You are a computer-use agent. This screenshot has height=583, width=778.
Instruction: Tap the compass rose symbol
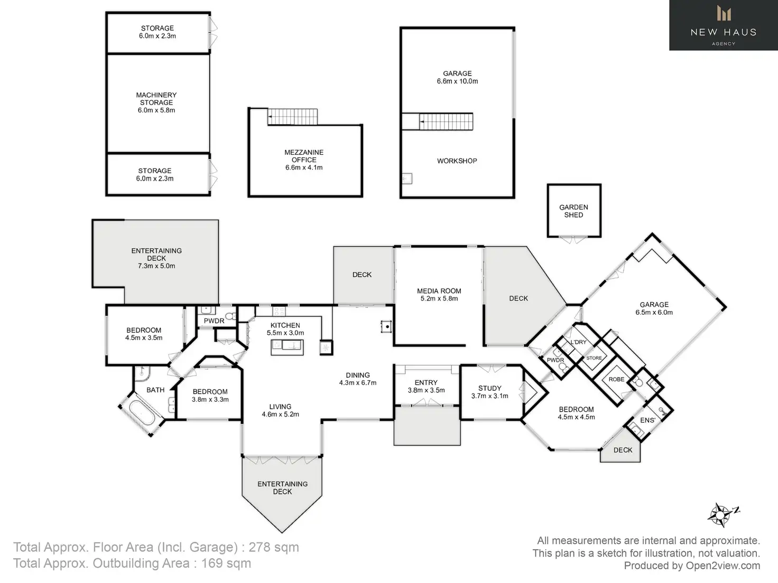pos(720,514)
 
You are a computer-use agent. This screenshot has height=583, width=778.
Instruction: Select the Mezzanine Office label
pos(304,156)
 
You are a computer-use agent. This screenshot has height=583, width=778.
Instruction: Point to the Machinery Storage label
pos(156,99)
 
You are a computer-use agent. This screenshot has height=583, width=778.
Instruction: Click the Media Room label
pos(439,291)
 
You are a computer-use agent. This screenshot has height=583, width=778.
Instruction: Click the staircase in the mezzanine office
pos(292,117)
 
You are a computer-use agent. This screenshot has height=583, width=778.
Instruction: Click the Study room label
pos(489,388)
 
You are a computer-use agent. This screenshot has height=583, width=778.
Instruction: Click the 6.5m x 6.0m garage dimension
pos(654,313)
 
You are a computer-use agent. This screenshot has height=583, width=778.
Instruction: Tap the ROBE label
pos(616,380)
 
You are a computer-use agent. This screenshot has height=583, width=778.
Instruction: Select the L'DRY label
pos(578,342)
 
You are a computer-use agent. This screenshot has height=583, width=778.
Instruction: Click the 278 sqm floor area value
pos(274,547)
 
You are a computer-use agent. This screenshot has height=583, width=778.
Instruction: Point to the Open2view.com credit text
pos(723,566)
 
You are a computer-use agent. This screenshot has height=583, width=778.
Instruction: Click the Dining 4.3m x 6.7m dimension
pos(358,383)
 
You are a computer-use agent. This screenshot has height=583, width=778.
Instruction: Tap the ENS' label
pos(647,420)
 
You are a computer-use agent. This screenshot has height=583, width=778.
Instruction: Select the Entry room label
pos(426,383)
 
